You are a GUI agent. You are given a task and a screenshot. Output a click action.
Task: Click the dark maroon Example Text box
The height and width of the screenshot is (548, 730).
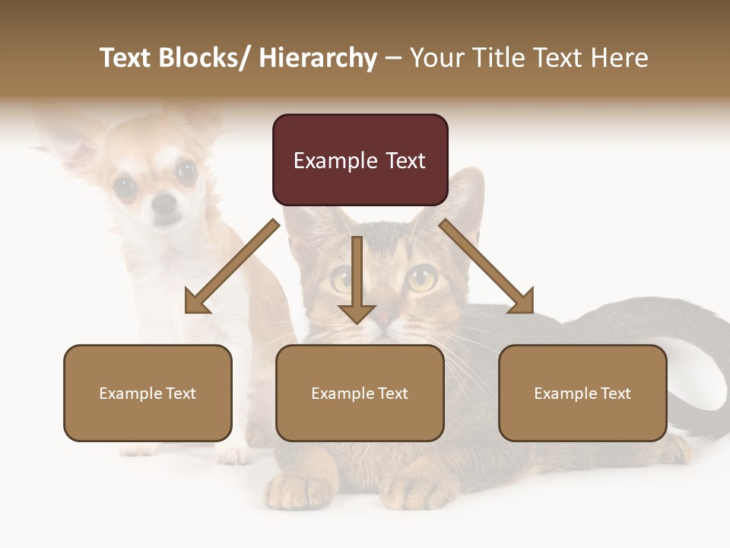coord(360,160)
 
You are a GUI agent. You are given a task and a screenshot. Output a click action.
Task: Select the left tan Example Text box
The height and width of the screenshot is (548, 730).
coord(148,393)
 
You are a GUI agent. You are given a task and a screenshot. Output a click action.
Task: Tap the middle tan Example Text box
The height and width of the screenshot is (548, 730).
coord(360,393)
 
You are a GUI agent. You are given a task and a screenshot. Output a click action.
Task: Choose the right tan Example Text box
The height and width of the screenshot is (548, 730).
coord(582,393)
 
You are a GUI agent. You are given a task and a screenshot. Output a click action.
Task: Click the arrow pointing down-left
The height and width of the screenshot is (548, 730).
coord(231,266)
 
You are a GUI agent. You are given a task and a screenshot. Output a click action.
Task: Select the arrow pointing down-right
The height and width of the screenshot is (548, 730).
coord(487,266)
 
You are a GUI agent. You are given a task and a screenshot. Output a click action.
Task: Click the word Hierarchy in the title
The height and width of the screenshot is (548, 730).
coord(318,58)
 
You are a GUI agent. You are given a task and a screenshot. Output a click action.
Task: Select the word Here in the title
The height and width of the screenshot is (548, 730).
coord(617,58)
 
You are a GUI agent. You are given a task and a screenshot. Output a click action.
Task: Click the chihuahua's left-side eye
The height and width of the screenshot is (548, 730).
coord(124,185)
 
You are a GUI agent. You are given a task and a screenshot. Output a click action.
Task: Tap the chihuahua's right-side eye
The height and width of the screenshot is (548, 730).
coord(186,171)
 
